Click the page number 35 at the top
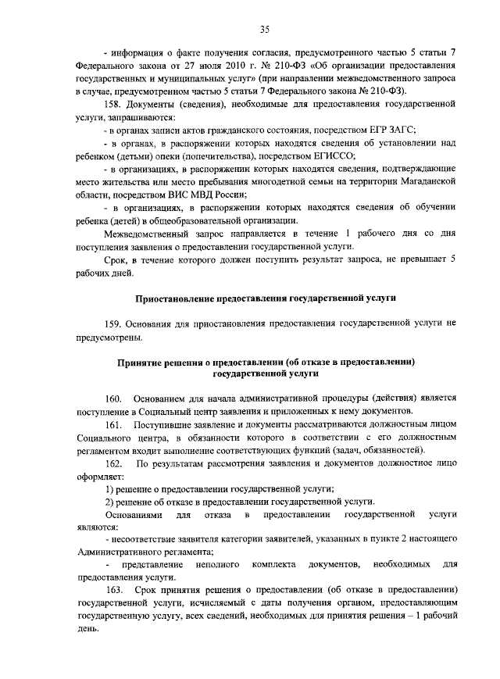click(x=265, y=30)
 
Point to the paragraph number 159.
click(x=113, y=323)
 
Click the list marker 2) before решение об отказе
click(x=110, y=502)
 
